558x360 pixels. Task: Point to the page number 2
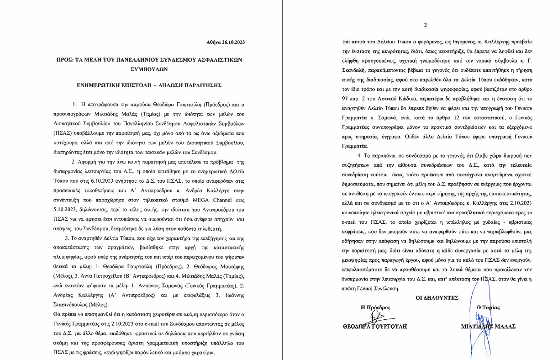pos(425,25)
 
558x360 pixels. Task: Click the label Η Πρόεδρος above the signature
pos(375,307)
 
